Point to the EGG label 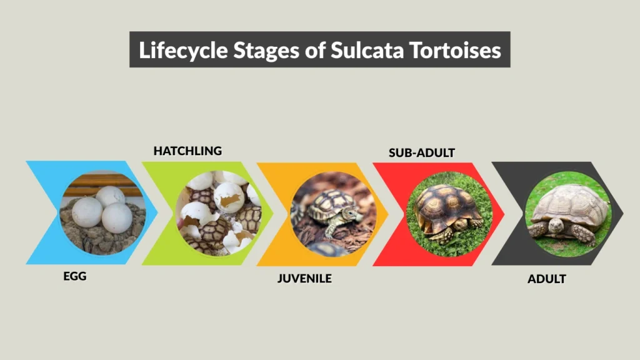pyautogui.click(x=75, y=276)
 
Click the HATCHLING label pyautogui.click(x=187, y=151)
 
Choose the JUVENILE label pyautogui.click(x=304, y=278)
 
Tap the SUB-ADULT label pyautogui.click(x=421, y=152)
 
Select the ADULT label pyautogui.click(x=546, y=279)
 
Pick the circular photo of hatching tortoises pyautogui.click(x=219, y=212)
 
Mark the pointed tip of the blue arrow pyautogui.click(x=157, y=212)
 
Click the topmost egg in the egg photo pyautogui.click(x=111, y=196)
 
